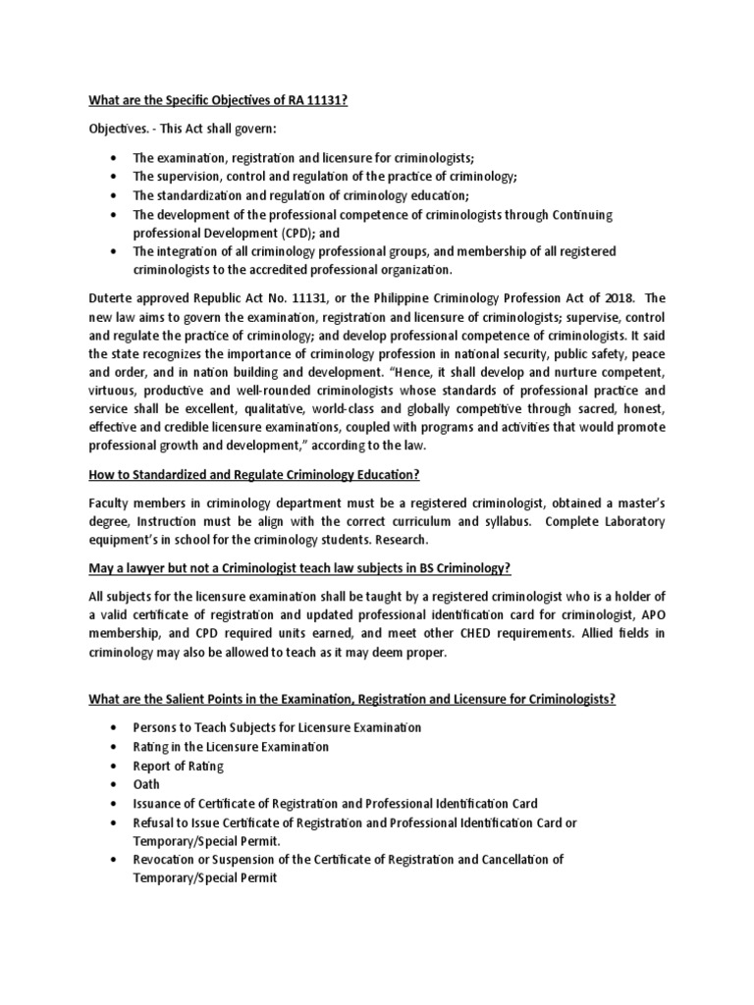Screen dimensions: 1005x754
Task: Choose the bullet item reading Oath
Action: point(147,784)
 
